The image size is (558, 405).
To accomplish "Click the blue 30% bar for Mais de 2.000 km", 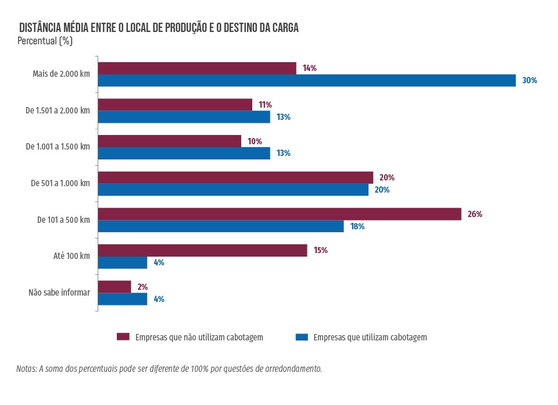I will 306,80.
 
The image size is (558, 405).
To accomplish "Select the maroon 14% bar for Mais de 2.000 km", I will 197,68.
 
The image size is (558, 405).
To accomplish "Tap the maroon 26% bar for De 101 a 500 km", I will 279,214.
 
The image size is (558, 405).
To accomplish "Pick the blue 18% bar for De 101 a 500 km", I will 221,226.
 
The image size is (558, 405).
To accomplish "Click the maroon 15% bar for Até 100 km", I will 202,250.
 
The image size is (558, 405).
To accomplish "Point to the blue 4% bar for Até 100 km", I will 123,262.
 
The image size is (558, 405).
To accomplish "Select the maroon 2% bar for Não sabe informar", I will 115,286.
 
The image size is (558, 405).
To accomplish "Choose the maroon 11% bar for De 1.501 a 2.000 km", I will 175,105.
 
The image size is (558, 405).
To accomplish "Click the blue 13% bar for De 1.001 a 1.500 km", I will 184,153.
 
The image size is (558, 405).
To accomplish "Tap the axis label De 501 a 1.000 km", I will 60,183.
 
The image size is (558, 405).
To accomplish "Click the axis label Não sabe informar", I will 59,293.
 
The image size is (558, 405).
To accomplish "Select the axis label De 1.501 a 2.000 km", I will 58,111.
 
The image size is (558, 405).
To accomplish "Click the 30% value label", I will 530,81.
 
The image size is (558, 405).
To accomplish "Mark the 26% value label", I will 475,214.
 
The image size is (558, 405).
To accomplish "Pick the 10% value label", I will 255,141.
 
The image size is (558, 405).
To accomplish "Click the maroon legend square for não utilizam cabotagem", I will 123,337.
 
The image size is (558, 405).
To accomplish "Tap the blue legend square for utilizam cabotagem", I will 301,337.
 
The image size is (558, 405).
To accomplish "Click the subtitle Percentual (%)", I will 45,41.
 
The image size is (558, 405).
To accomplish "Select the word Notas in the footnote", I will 27,369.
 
